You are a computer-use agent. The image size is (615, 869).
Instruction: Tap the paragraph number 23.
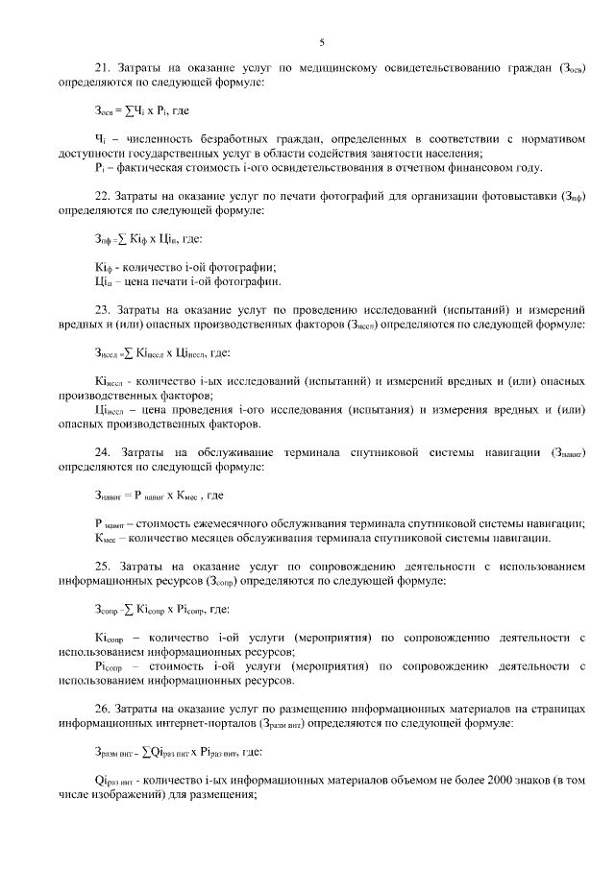101,311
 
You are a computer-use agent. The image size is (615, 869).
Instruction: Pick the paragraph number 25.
101,567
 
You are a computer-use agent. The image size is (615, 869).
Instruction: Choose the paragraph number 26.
101,709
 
